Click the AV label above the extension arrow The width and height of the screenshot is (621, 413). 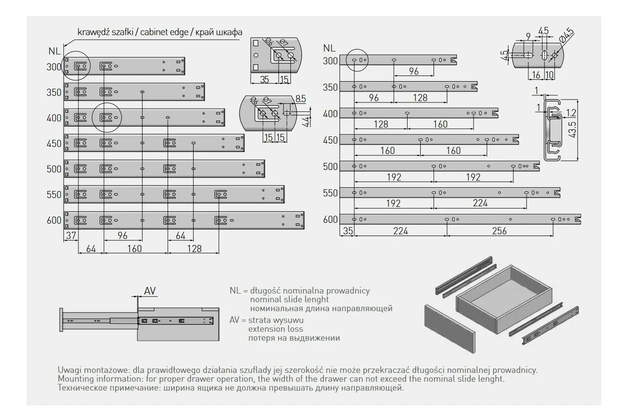[150, 291]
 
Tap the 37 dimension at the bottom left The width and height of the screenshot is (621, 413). [71, 236]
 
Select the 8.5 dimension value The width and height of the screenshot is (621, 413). [301, 99]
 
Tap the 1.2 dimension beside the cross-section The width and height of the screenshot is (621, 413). [570, 112]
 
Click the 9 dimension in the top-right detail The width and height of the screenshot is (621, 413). [527, 36]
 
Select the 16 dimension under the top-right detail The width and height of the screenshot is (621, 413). [536, 75]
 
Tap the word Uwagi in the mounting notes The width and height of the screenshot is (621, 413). [68, 370]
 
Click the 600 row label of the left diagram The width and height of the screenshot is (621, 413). [54, 220]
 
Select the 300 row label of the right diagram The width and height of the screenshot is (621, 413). [331, 60]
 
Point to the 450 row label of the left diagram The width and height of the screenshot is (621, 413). [54, 143]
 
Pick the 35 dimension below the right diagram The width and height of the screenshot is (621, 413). [348, 231]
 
